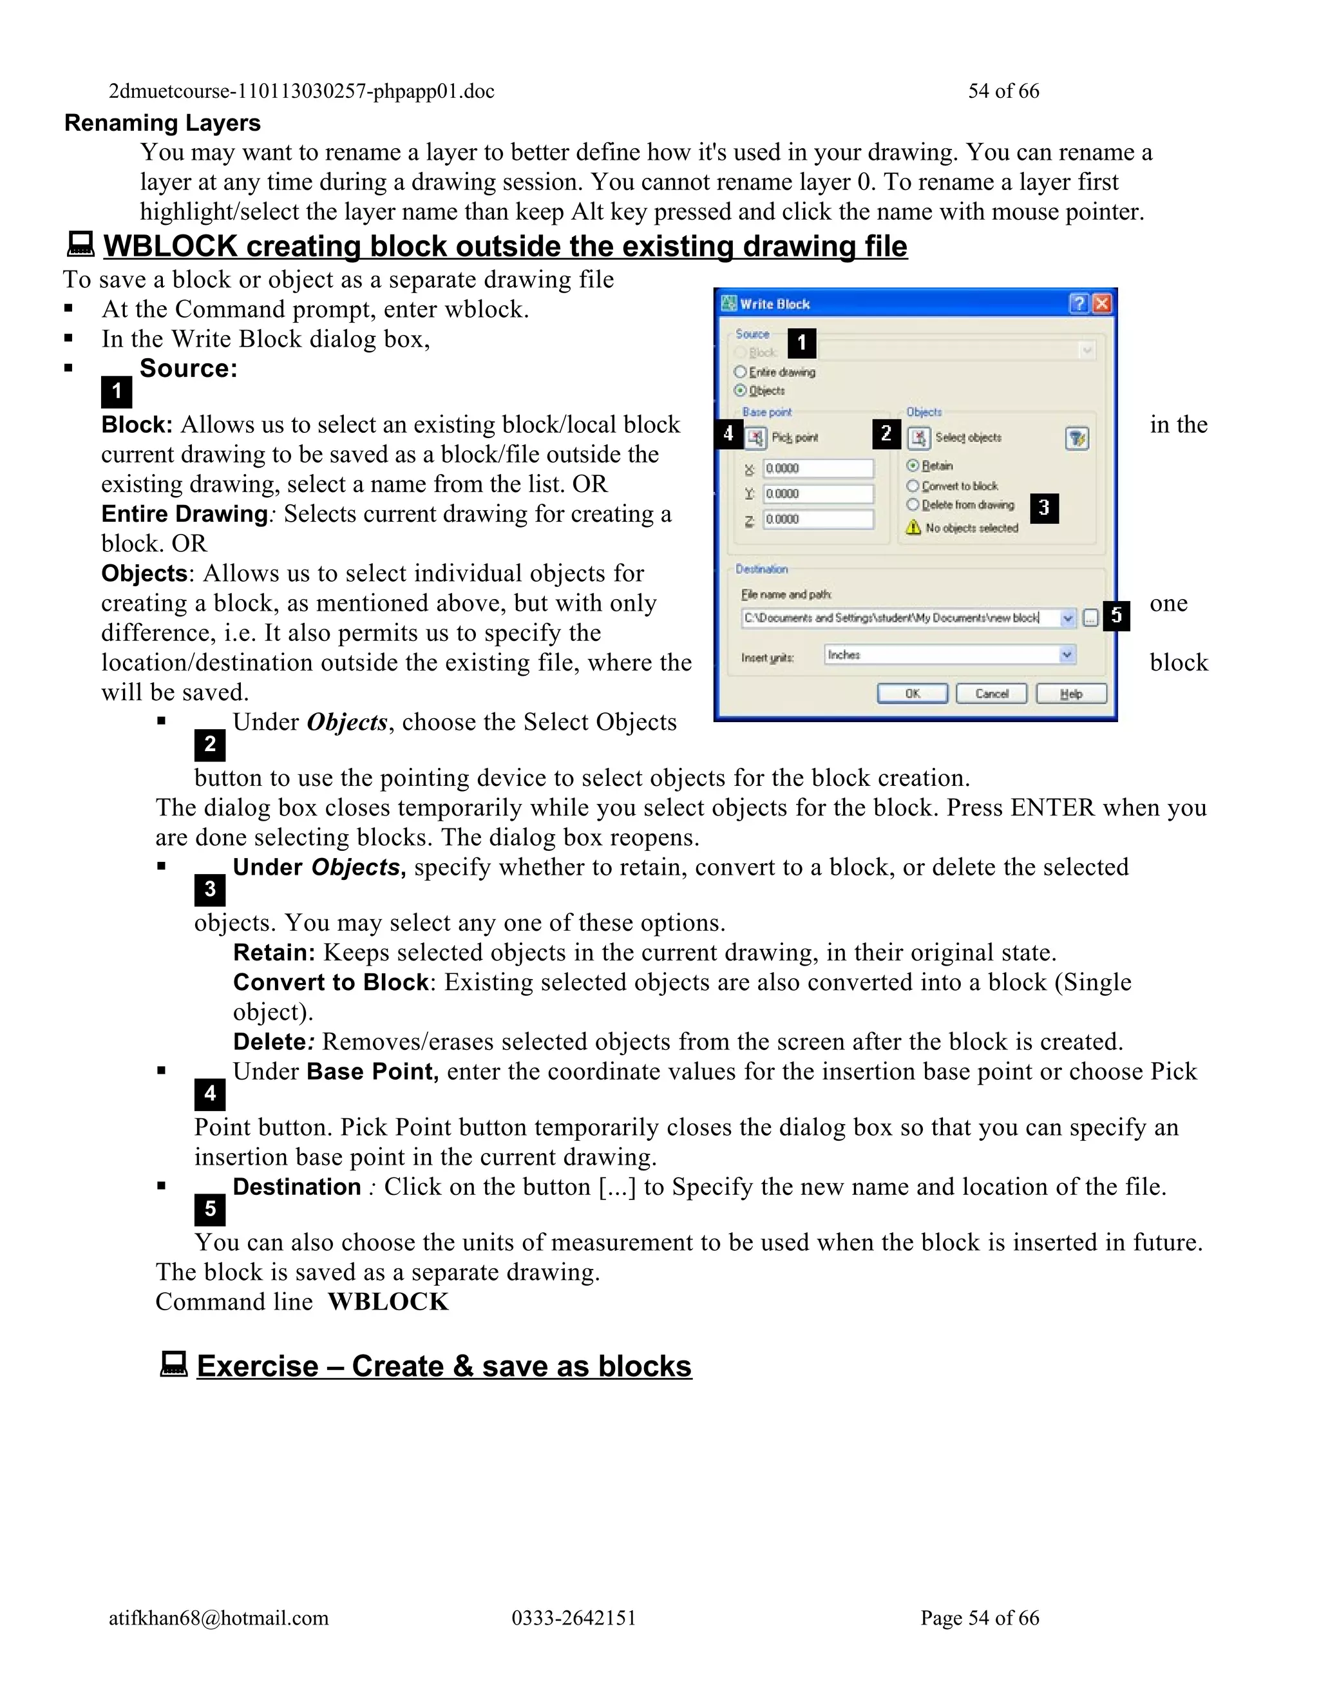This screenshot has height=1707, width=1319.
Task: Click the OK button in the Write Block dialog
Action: click(912, 693)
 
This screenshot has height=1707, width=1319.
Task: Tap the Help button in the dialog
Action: click(1070, 693)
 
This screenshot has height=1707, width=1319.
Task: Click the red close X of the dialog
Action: click(1102, 303)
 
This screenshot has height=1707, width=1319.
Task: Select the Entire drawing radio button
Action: click(740, 372)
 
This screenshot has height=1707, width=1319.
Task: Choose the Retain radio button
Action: click(913, 466)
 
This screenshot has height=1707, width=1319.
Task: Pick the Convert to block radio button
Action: click(913, 486)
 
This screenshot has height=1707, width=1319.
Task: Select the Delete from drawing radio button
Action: click(913, 505)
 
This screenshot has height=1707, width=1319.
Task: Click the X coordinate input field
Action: click(817, 468)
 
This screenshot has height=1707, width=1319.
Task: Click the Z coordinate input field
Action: click(817, 519)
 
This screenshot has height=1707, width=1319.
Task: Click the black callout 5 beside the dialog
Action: click(1117, 616)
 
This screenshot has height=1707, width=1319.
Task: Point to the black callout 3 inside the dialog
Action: click(1043, 508)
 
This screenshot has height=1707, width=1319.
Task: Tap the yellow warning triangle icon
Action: click(913, 528)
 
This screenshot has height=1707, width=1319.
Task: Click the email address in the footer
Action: click(219, 1618)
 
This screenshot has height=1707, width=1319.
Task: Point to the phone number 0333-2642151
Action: click(574, 1618)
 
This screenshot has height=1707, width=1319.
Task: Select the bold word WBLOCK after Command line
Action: click(388, 1302)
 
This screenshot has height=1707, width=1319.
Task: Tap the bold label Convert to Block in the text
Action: click(330, 982)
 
